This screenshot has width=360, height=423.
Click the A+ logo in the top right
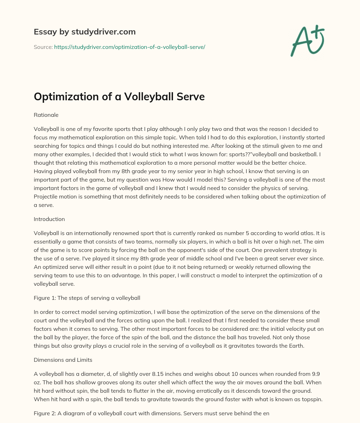click(x=307, y=41)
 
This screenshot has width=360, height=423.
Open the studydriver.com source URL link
click(x=129, y=47)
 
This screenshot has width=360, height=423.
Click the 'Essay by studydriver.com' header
click(x=84, y=32)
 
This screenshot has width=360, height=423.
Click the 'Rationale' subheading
click(x=46, y=115)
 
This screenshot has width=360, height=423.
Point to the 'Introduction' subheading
click(x=49, y=219)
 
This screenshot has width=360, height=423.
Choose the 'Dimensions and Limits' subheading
click(x=63, y=360)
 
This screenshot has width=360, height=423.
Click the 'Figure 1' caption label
click(x=46, y=298)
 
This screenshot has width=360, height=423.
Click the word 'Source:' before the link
click(x=43, y=47)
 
